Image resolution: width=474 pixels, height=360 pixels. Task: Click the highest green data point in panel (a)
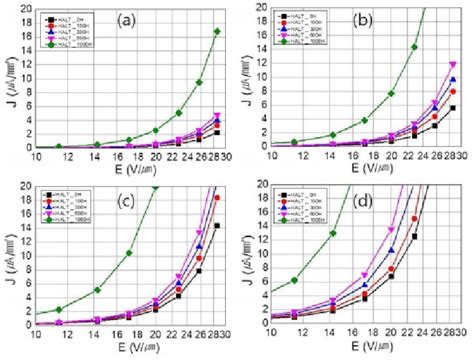click(217, 32)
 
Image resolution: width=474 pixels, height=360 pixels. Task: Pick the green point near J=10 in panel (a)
click(200, 82)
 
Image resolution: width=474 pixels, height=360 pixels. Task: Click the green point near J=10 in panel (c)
click(129, 253)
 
